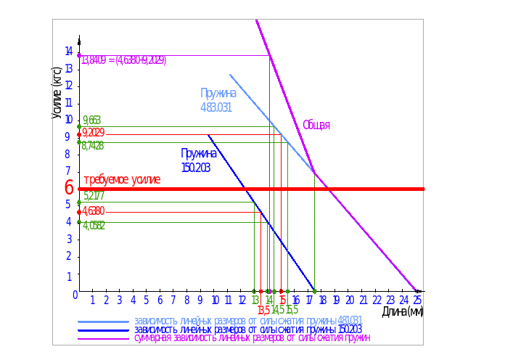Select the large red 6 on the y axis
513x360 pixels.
pyautogui.click(x=69, y=187)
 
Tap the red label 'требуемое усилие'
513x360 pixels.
pyautogui.click(x=121, y=179)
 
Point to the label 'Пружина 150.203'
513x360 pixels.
pyautogui.click(x=199, y=160)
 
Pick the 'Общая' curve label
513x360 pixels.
pyautogui.click(x=316, y=125)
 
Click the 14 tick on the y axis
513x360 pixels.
pyautogui.click(x=68, y=51)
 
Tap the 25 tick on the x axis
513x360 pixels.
pyautogui.click(x=416, y=300)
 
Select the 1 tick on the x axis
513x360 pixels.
pyautogui.click(x=92, y=300)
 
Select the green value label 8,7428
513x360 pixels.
pyautogui.click(x=94, y=146)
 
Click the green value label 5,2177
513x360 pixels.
pyautogui.click(x=94, y=196)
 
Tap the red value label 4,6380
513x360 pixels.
pyautogui.click(x=94, y=210)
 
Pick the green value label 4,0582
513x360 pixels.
pyautogui.click(x=94, y=226)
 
